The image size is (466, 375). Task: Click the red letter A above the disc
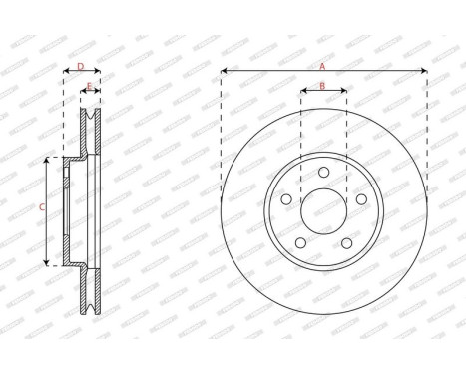[322, 65]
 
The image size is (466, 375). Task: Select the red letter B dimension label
[323, 86]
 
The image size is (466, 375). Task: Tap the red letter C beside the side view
[40, 208]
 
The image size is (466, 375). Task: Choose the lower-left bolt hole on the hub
[301, 243]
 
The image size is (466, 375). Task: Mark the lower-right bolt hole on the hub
[345, 243]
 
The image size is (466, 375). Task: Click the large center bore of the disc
[323, 213]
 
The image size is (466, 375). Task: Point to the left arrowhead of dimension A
[224, 71]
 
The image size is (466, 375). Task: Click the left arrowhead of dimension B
[302, 93]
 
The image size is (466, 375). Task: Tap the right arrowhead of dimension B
[344, 93]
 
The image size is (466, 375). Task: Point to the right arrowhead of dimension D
[99, 72]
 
